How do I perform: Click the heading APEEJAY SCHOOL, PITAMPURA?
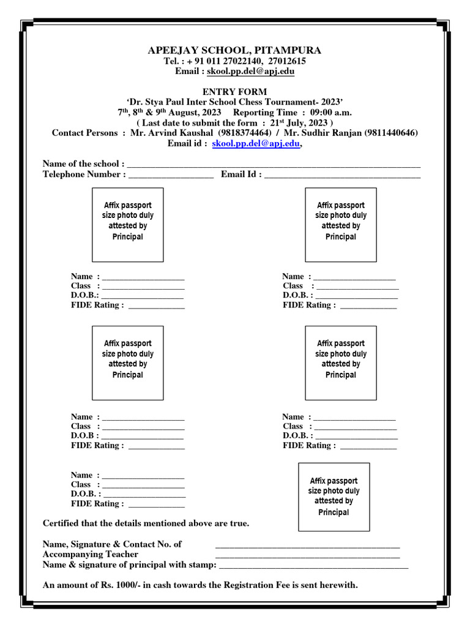tap(234, 50)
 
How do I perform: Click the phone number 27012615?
tap(288, 61)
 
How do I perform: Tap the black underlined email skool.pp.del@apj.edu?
tap(252, 72)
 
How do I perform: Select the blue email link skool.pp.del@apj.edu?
tap(256, 143)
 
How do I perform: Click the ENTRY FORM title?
tap(234, 91)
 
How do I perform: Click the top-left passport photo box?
tap(128, 225)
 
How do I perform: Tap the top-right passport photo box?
tap(341, 225)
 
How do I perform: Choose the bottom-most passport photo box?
tap(334, 497)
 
